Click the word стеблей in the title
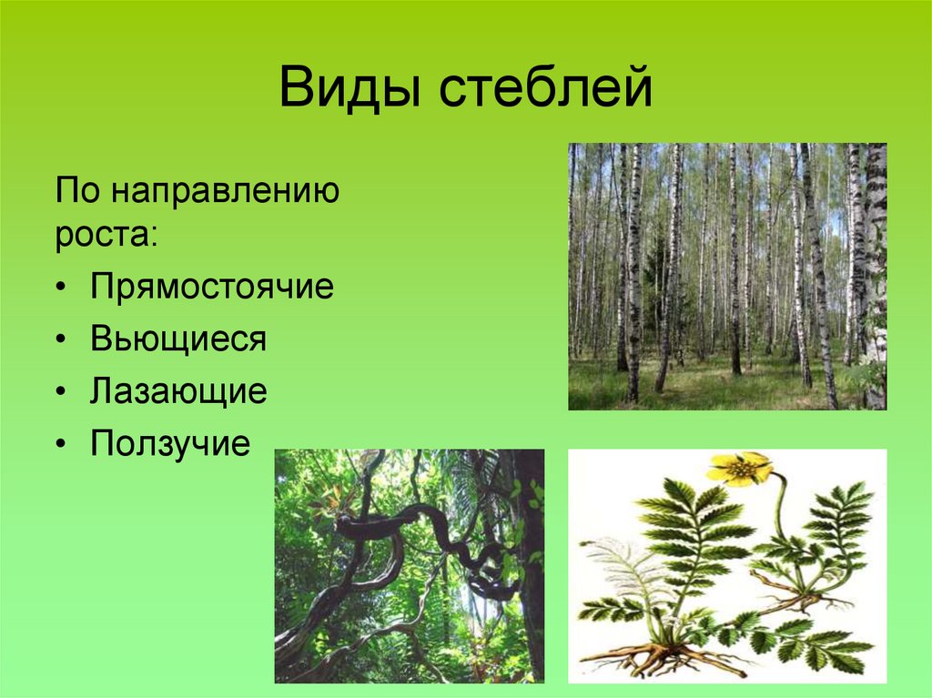point(547,91)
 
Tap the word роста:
point(106,234)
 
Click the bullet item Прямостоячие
point(212,288)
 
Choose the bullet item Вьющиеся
point(178,339)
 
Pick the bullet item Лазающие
point(178,391)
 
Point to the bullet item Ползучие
point(169,443)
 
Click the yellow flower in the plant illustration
point(739,468)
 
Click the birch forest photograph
point(727,276)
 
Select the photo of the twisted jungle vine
point(409,565)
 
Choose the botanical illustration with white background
point(727,565)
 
